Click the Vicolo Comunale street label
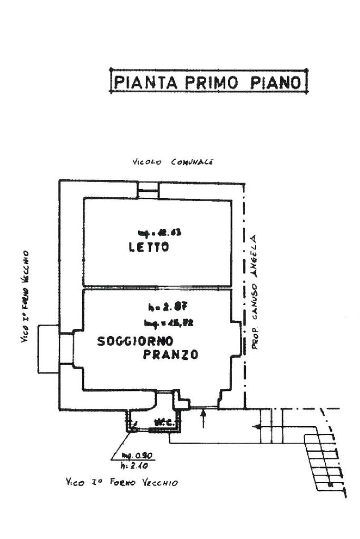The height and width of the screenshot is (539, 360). [x=172, y=162]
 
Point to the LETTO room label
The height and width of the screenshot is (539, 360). [x=149, y=247]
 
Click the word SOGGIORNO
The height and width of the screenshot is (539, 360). [x=135, y=341]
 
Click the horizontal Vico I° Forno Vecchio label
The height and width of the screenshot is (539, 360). [x=121, y=482]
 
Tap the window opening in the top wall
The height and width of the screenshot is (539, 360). [x=148, y=189]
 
